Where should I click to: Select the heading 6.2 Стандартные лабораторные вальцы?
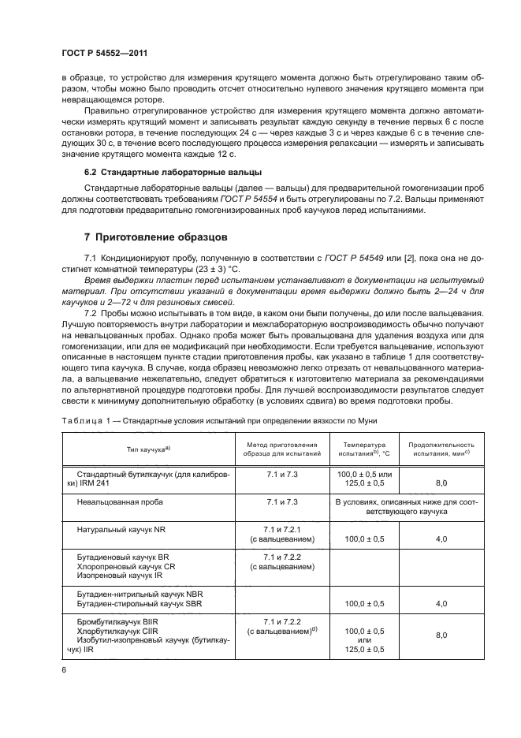click(x=173, y=193)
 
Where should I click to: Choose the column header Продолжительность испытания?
click(x=441, y=449)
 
